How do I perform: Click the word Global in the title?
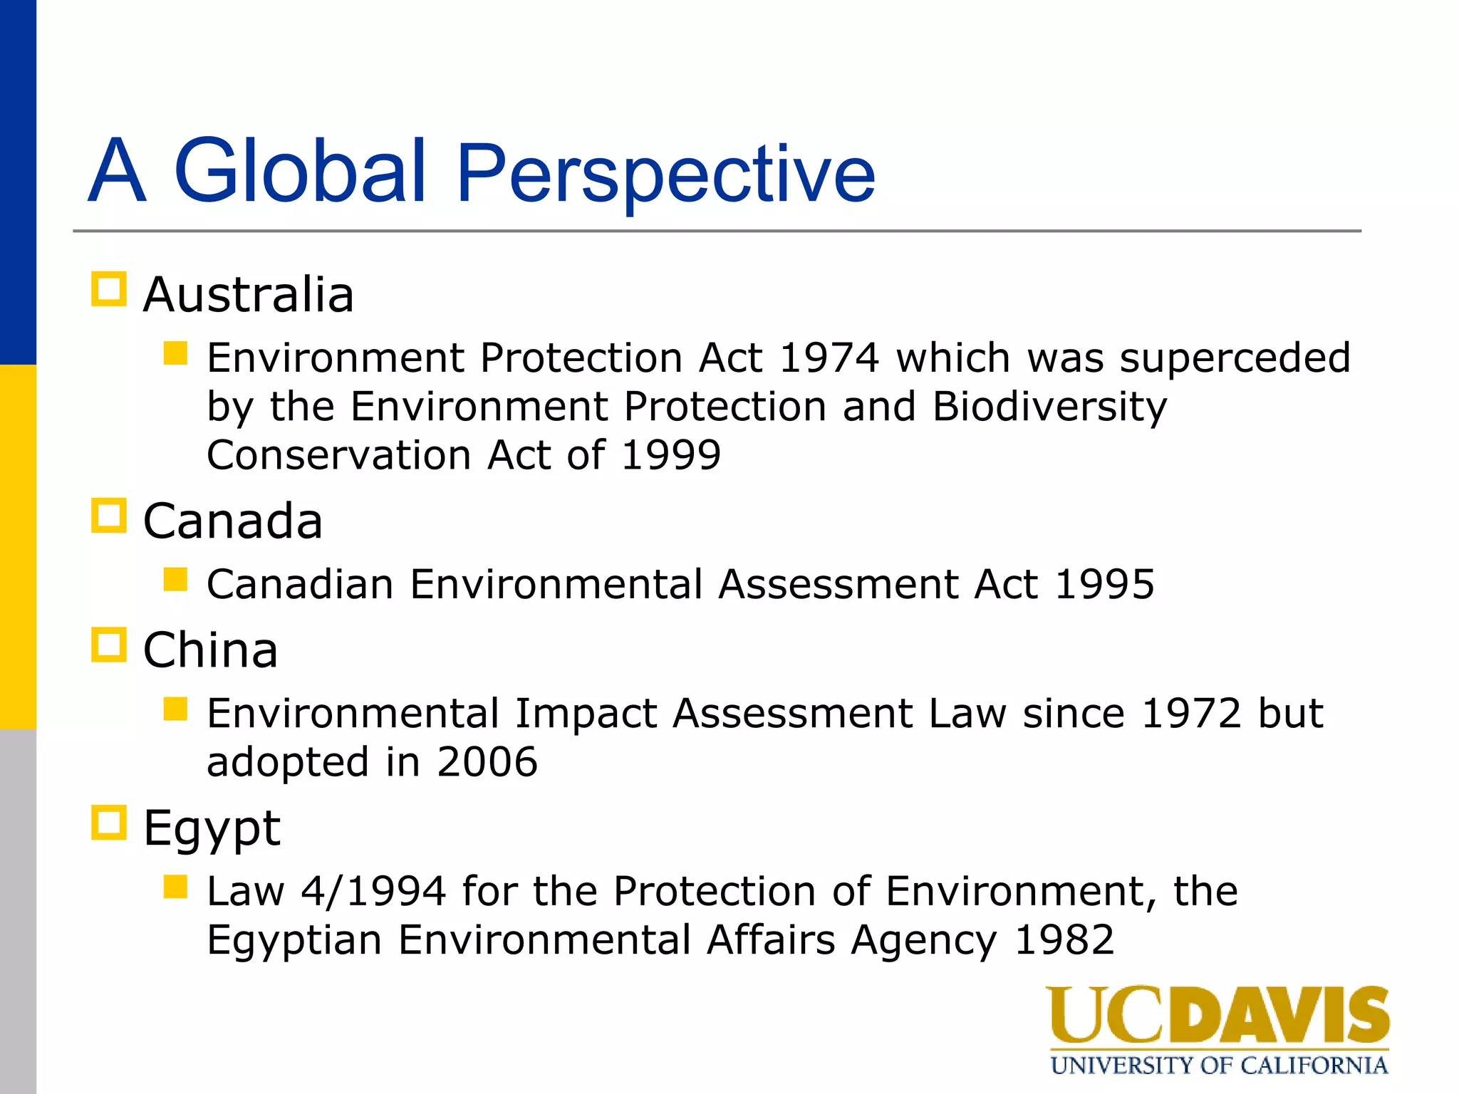coord(299,171)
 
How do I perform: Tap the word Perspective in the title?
coord(665,174)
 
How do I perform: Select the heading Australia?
coord(248,295)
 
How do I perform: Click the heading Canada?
coord(232,521)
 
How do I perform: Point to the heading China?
coord(210,650)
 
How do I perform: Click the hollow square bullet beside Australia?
coord(109,289)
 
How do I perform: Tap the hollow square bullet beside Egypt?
coord(109,823)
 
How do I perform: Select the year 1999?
coord(670,455)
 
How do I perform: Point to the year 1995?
coord(1104,585)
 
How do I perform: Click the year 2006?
coord(487,762)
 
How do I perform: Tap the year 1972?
coord(1191,714)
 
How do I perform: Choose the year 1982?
coord(1064,940)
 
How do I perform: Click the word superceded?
coord(1235,358)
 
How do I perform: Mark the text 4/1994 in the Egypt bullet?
coord(373,891)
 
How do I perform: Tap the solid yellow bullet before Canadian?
coord(175,579)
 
